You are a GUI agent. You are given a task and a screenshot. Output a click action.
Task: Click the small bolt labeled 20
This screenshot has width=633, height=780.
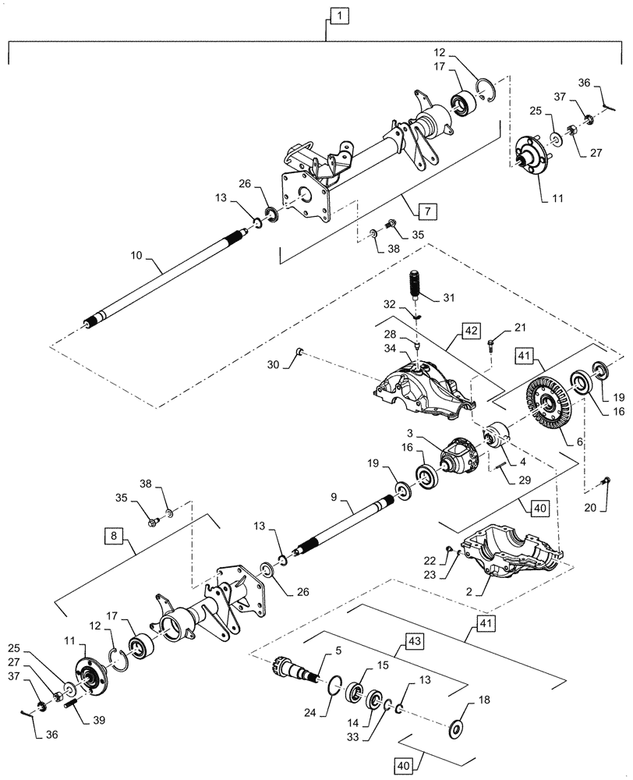[x=606, y=481]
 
